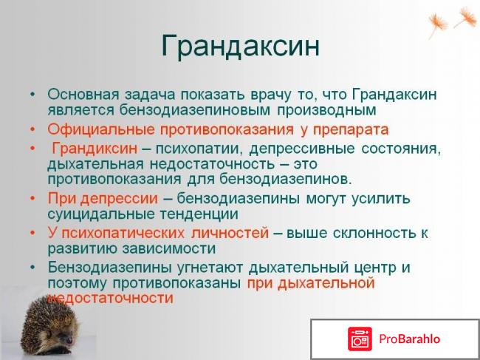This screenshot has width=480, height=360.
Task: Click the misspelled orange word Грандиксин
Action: click(95, 149)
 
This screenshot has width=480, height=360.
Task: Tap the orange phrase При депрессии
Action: click(103, 199)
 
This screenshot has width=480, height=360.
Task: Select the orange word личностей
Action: click(231, 233)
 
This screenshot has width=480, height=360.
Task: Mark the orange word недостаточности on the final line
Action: click(110, 298)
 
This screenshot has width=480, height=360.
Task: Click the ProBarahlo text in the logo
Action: click(411, 339)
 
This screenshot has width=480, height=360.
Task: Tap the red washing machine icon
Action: click(360, 339)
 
